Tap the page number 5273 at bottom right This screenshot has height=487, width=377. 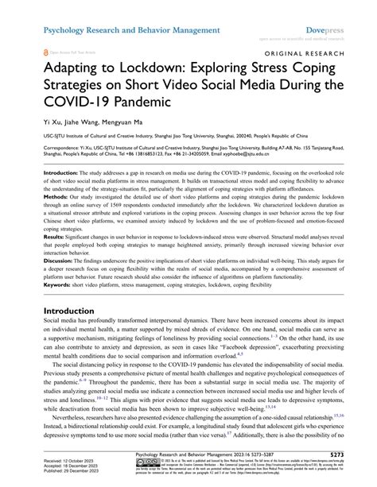[352, 456]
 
